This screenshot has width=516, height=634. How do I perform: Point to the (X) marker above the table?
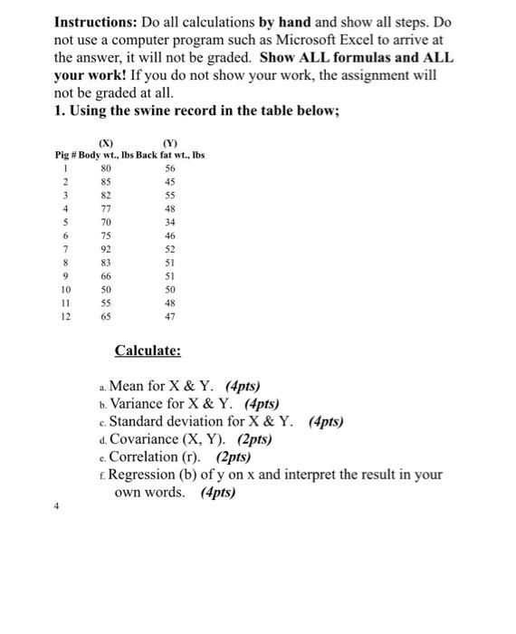coord(108,141)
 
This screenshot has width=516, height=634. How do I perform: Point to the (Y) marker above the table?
coord(169,141)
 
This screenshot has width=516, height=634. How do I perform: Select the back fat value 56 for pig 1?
coord(168,167)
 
